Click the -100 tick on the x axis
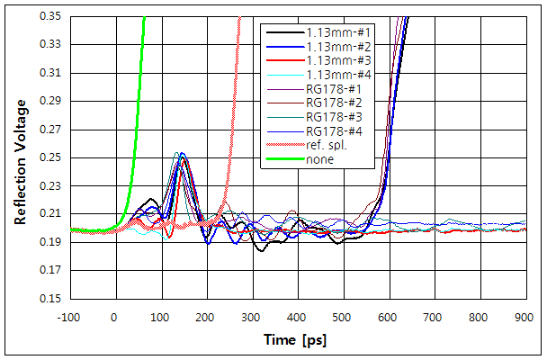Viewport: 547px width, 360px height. click(68, 317)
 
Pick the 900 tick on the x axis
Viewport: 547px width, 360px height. click(525, 317)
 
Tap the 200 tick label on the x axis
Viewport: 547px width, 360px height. click(206, 317)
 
